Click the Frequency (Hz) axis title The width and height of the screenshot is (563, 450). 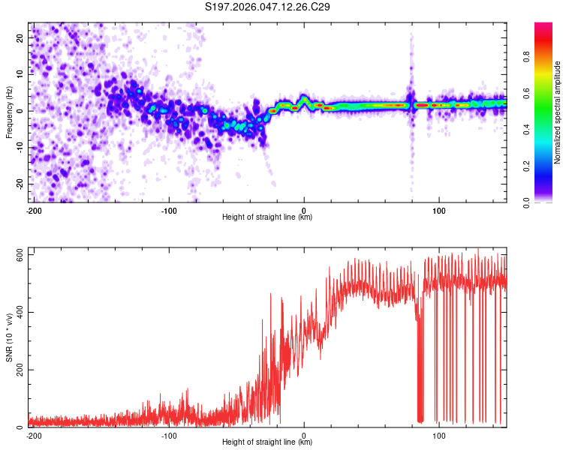tap(9, 112)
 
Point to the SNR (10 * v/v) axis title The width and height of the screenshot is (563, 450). tap(9, 338)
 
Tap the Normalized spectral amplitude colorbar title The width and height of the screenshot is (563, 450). tap(558, 112)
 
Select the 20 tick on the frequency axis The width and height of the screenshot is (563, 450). tap(21, 37)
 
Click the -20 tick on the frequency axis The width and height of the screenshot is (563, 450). tap(20, 184)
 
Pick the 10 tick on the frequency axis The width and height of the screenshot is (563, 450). tap(21, 74)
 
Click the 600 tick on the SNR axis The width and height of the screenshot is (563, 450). tap(18, 255)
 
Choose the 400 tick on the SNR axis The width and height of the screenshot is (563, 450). tap(18, 313)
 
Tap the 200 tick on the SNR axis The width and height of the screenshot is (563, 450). tap(18, 370)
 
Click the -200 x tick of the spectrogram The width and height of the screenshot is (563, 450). tap(34, 210)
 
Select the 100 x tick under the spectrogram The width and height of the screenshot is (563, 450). tap(438, 210)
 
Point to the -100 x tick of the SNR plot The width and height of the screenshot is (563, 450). tap(169, 436)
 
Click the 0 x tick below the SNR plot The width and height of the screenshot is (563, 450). tap(304, 436)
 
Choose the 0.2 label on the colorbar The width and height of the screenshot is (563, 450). tap(528, 166)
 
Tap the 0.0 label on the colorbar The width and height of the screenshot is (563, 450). tap(528, 202)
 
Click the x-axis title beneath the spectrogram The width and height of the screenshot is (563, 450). tap(267, 217)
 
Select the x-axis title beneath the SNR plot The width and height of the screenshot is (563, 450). tap(267, 442)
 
